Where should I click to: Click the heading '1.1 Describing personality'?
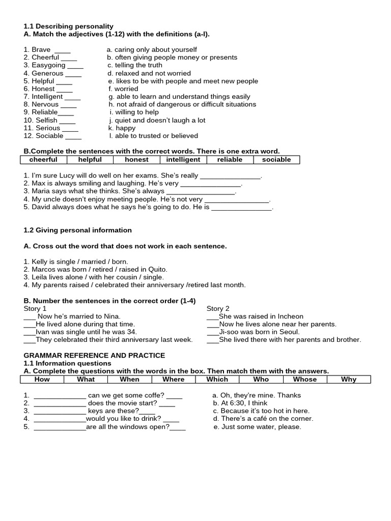click(68, 26)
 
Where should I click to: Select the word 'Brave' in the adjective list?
click(41, 50)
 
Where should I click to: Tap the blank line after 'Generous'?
click(73, 74)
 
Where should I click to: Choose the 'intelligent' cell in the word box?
click(183, 160)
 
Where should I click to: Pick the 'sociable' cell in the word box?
click(276, 160)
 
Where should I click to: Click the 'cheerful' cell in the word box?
click(43, 160)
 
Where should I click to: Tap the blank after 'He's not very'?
click(237, 200)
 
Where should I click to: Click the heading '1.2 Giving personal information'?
click(77, 230)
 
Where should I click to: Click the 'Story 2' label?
click(218, 309)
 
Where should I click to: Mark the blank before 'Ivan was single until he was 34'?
click(29, 332)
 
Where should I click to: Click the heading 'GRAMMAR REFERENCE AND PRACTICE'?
click(94, 356)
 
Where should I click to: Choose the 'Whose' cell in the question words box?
click(305, 380)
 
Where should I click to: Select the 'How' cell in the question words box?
click(42, 380)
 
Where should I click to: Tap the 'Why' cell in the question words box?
click(349, 380)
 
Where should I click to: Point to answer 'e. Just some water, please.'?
click(257, 427)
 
